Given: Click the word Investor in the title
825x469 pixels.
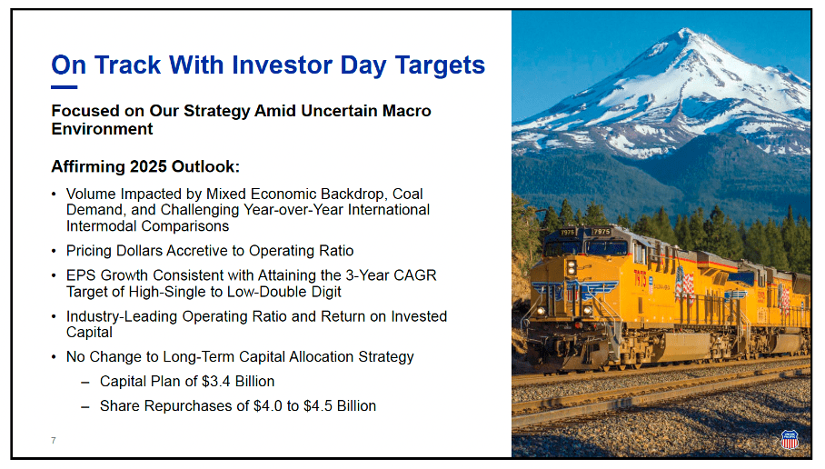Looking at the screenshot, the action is [282, 65].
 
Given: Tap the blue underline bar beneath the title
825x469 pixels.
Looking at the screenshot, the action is [65, 87].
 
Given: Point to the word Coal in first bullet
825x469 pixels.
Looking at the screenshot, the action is [407, 195].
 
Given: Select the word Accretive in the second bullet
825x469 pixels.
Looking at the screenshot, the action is [197, 251].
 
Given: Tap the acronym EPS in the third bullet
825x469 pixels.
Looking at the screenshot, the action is [81, 275].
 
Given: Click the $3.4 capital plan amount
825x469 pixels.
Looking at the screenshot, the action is [215, 381].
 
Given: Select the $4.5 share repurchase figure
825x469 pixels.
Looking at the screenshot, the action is [318, 406].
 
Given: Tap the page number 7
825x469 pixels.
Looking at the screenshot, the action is [53, 441].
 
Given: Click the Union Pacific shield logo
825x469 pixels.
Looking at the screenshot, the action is [790, 438].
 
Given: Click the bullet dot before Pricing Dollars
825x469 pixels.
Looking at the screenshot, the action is [54, 251].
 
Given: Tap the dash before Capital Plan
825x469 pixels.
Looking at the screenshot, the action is [85, 382].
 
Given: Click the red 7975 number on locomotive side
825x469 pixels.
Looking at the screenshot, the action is [640, 278].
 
